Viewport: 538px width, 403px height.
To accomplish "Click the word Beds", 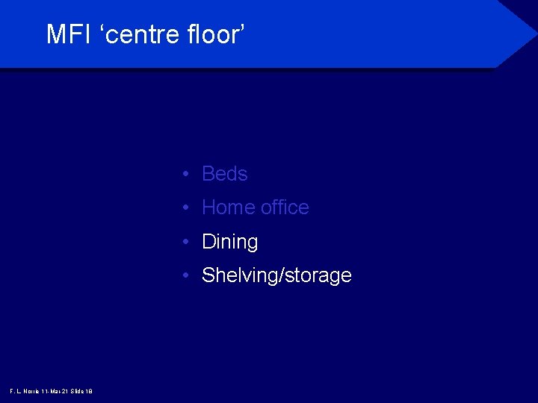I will click(224, 174).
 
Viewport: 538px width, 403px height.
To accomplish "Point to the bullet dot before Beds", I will click(184, 175).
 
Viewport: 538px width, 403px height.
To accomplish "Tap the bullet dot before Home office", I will click(184, 208).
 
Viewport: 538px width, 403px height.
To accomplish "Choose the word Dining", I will click(229, 242).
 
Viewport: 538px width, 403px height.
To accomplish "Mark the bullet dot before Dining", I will click(184, 243).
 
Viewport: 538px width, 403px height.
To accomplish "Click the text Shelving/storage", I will click(276, 275).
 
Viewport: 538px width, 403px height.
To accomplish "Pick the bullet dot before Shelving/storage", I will click(184, 276).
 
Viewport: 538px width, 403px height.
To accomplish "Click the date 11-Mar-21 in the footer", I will click(56, 391).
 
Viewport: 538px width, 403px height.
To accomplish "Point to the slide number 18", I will click(89, 391).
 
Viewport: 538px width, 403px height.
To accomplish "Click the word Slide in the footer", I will click(77, 391).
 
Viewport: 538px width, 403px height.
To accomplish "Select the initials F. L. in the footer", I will click(15, 391).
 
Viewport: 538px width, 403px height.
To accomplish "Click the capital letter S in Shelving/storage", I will click(208, 275).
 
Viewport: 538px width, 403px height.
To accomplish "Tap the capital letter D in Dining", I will click(208, 242).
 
